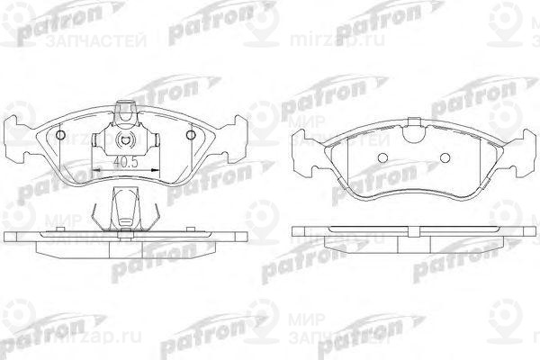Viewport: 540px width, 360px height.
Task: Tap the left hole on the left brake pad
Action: [x=61, y=136]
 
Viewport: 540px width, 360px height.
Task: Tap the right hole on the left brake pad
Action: [x=190, y=136]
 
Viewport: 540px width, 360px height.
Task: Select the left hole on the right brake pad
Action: [x=382, y=158]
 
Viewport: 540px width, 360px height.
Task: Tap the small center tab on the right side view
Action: [x=413, y=226]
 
